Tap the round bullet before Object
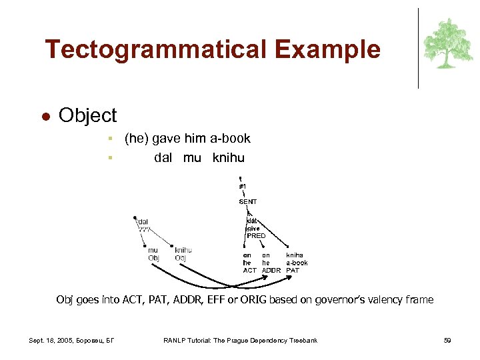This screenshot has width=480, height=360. [46, 116]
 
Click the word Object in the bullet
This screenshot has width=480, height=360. [87, 115]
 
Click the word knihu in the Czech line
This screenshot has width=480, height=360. [229, 158]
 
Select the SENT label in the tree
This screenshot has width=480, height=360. [247, 201]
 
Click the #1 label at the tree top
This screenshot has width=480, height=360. [243, 186]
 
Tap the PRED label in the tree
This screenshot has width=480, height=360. [256, 235]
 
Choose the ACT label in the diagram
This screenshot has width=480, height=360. [249, 270]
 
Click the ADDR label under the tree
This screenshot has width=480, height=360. [271, 270]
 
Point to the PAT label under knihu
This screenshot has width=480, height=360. [293, 270]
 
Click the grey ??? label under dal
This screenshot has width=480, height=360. [145, 229]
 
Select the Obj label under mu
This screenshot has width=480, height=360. [153, 258]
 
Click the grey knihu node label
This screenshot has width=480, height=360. [183, 251]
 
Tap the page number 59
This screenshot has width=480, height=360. [447, 341]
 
